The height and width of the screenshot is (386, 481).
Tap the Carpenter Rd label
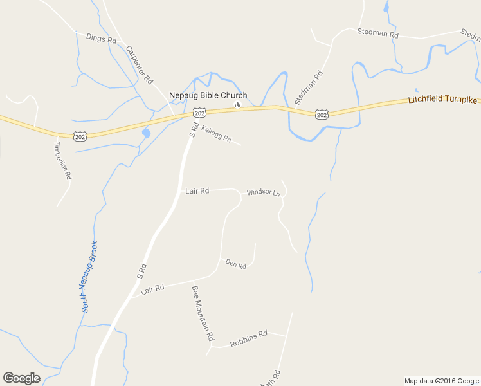coord(139,64)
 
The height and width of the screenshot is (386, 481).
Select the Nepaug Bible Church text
coord(208,95)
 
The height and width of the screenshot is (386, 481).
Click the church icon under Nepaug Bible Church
coord(237,105)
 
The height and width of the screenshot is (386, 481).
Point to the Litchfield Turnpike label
coord(444,100)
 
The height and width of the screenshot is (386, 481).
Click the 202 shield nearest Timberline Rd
coord(80,136)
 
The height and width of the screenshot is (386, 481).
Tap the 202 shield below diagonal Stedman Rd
coord(322,115)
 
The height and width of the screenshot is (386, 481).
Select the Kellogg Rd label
coord(216,134)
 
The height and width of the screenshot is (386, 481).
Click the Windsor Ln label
coord(264,192)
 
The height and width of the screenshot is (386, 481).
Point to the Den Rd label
coord(235,264)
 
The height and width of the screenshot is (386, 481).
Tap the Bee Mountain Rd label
coord(203,313)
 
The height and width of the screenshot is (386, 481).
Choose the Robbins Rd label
coord(248,338)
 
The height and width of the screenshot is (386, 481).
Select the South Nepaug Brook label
coord(89,277)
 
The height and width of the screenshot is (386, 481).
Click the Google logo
coord(21,378)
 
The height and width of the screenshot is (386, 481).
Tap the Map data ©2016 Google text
coord(441,381)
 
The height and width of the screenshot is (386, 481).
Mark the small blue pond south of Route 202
coord(145,134)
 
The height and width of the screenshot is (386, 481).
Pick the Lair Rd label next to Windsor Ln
coord(197,191)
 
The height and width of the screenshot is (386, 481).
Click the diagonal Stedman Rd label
coord(309,87)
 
